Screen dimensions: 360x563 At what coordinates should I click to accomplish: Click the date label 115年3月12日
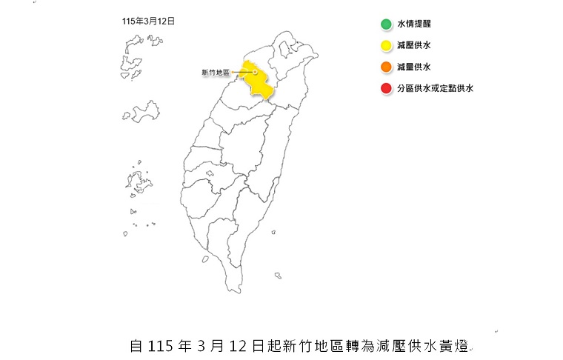(148, 21)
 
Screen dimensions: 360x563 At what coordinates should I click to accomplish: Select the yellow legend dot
(386, 46)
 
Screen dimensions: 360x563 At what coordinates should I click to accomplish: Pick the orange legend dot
(386, 67)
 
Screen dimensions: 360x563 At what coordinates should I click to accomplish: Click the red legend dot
(386, 89)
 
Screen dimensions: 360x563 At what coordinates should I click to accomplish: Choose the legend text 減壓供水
(414, 46)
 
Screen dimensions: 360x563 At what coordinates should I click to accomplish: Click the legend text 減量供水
(414, 67)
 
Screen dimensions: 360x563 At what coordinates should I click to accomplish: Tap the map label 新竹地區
(216, 73)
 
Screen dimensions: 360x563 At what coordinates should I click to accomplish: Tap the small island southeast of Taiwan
(277, 276)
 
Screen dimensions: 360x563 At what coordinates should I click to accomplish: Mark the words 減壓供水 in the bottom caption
(407, 346)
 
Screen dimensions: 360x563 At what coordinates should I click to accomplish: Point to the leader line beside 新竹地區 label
(242, 73)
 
